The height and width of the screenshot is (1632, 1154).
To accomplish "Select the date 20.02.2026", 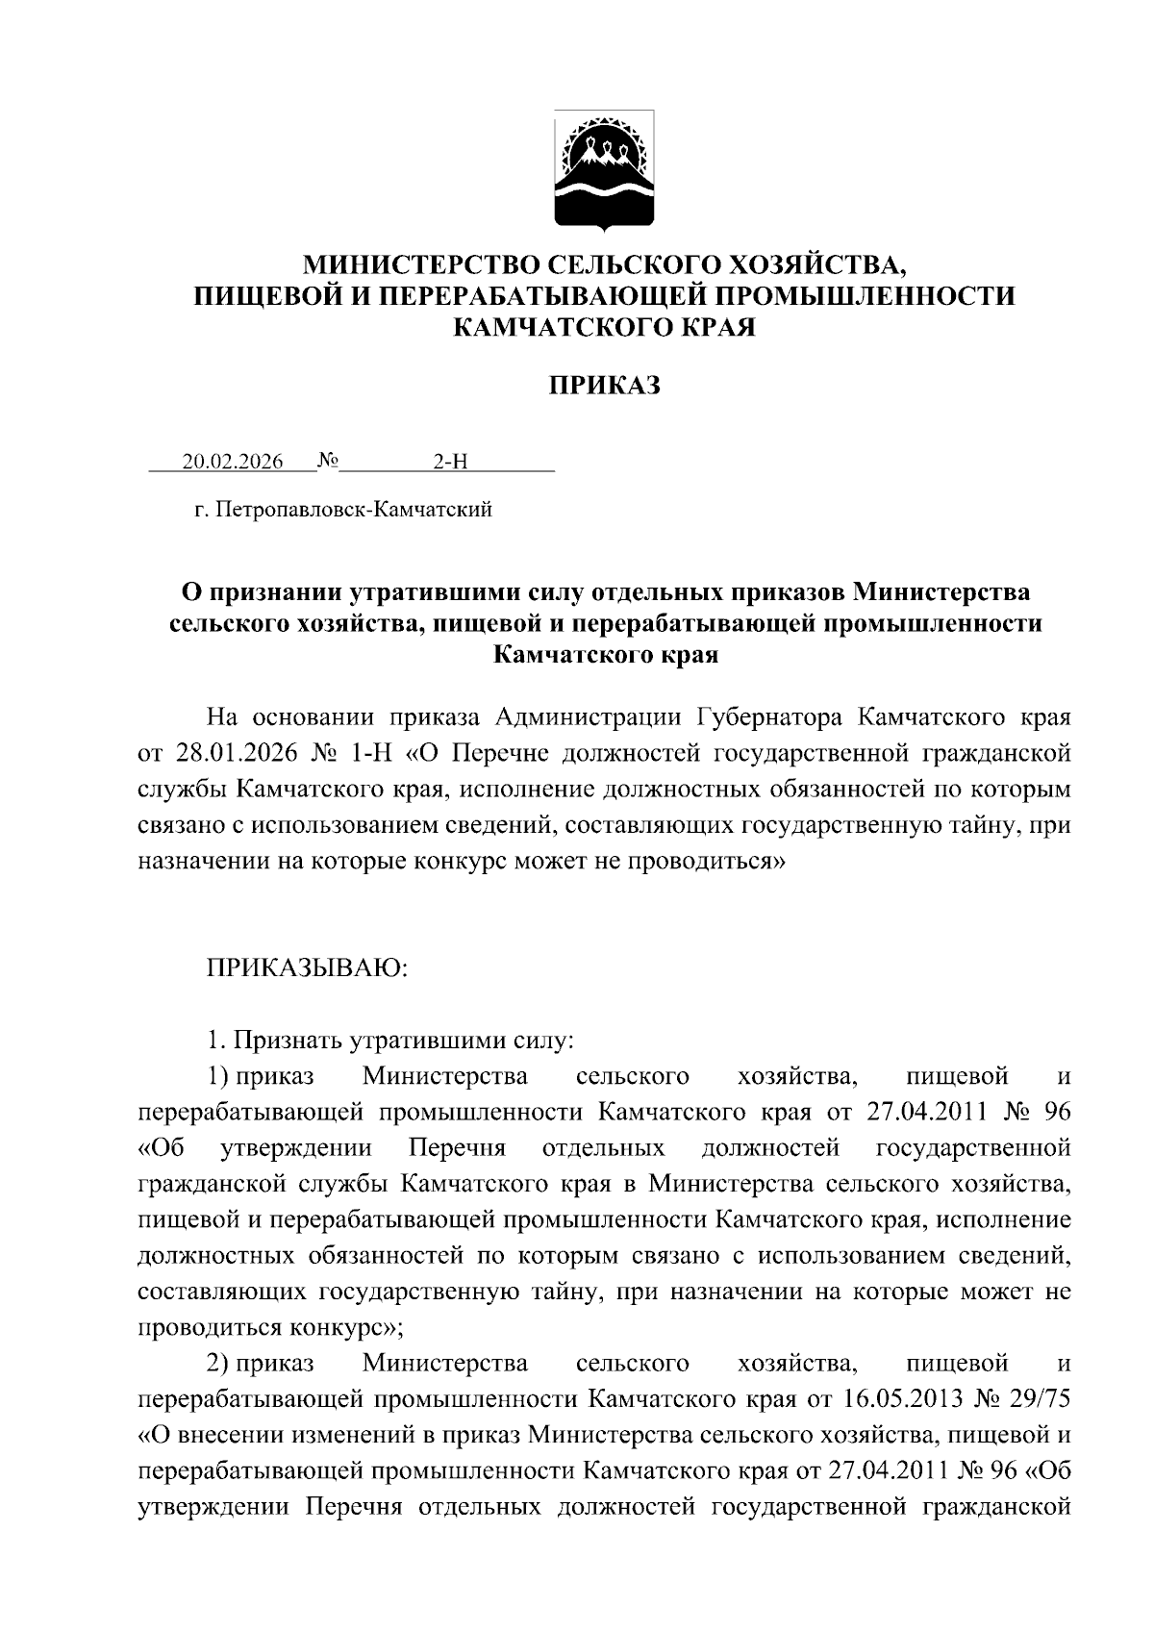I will click(x=233, y=462).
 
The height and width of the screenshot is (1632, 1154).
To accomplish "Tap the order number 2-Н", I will click(x=449, y=462).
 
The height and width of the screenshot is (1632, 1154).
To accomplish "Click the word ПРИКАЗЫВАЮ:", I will click(x=308, y=967).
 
